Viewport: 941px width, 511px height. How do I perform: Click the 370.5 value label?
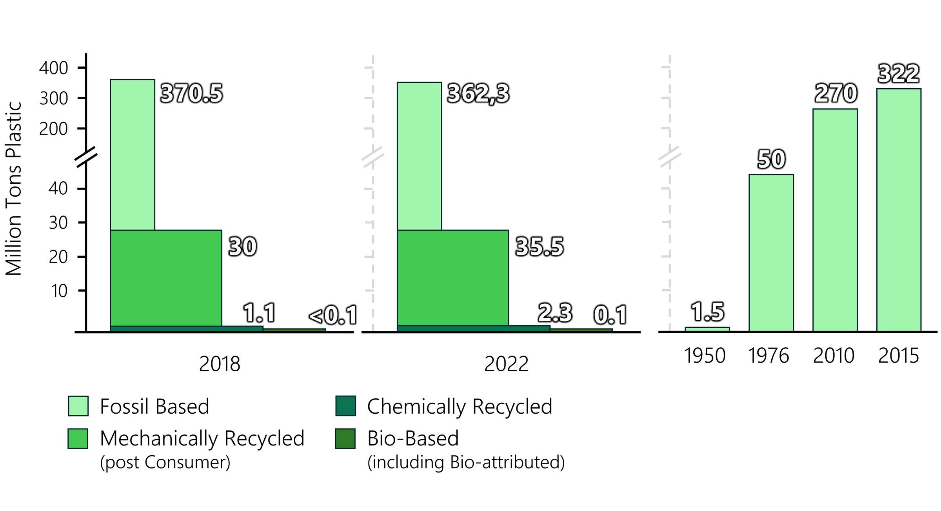point(191,94)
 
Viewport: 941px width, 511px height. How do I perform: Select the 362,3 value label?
point(478,94)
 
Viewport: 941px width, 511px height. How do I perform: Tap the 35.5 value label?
point(539,247)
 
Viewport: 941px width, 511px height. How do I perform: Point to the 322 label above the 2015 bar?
point(898,73)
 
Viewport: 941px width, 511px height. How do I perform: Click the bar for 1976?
point(771,253)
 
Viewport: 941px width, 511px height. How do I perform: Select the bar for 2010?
point(835,220)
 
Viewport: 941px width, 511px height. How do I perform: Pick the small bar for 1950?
point(707,329)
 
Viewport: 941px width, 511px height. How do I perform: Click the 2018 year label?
point(220,364)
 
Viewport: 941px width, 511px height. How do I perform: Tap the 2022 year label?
point(506,364)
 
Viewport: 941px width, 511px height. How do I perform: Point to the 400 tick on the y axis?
point(54,68)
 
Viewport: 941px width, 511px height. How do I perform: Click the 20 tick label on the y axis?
point(58,257)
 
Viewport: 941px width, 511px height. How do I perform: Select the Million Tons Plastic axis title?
point(14,188)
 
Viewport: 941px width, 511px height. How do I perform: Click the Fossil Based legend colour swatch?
point(78,406)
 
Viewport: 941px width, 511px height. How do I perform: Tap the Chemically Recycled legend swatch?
point(345,406)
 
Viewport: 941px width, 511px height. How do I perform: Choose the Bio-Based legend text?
point(413,438)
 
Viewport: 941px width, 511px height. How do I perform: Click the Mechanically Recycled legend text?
point(202,438)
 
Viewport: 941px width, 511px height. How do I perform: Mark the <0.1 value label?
point(333,315)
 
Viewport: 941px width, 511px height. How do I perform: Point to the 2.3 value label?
point(555,313)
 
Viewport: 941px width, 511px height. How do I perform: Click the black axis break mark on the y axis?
point(86,157)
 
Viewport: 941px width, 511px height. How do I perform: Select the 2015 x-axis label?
point(898,356)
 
